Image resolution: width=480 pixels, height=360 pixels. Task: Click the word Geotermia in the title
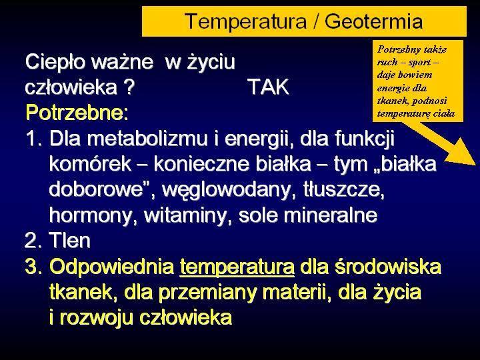pyautogui.click(x=374, y=21)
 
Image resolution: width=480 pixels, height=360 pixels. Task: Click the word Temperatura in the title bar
pyautogui.click(x=246, y=21)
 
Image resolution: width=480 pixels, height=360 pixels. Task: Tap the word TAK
pyautogui.click(x=269, y=87)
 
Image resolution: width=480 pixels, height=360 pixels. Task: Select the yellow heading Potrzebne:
pyautogui.click(x=77, y=113)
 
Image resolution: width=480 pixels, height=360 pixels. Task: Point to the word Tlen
pyautogui.click(x=70, y=240)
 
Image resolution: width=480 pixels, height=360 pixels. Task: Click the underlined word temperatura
pyautogui.click(x=237, y=267)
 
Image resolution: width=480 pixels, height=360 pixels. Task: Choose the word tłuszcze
pyautogui.click(x=344, y=190)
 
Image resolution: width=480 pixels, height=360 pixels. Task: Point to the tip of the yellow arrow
pyautogui.click(x=477, y=165)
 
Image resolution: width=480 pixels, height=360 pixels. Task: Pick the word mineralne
pyautogui.click(x=331, y=215)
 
